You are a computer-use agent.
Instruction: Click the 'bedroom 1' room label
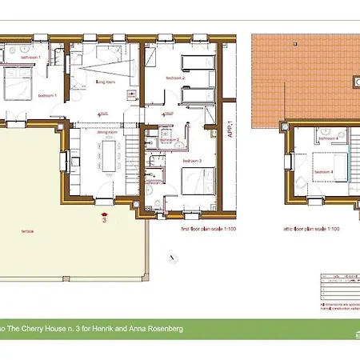46,95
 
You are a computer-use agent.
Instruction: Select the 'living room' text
106,82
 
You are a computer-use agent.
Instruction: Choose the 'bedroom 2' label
176,78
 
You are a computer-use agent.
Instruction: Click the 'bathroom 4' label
325,138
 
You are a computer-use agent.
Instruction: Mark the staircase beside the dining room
130,156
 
